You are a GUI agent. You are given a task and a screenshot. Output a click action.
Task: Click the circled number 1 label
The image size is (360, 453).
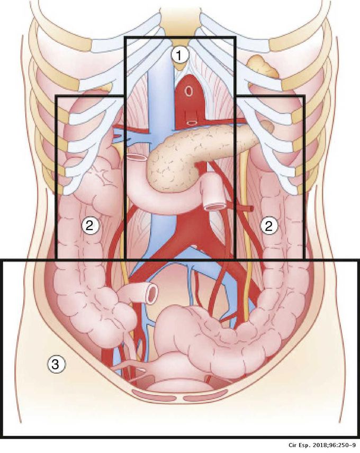point(179,55)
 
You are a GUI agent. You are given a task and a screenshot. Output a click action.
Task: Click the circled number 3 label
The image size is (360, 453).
point(57,365)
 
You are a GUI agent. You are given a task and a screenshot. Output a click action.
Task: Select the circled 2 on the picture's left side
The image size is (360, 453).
point(91,225)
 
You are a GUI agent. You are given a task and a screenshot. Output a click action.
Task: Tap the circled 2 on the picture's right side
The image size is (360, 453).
point(269,226)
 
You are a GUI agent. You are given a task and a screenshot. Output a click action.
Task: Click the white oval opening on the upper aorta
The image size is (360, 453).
point(188,91)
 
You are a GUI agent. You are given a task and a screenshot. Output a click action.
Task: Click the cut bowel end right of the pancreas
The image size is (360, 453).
point(214,206)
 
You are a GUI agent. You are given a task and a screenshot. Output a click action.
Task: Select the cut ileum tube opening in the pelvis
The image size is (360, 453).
point(152,293)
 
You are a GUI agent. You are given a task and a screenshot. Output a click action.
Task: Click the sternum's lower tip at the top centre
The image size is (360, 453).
point(179,67)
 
